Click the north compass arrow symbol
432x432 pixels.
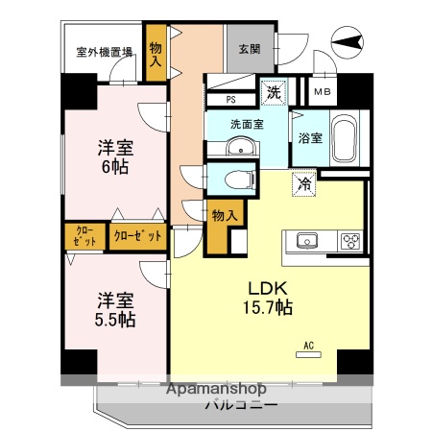(x=348, y=40)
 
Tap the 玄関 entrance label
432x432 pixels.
(x=248, y=50)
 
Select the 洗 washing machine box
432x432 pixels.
(x=275, y=93)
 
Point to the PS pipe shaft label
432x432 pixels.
(x=231, y=99)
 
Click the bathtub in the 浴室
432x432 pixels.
(x=345, y=140)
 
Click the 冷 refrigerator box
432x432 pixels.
(x=305, y=183)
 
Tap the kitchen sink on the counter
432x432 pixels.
(x=307, y=240)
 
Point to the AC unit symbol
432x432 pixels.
(x=309, y=352)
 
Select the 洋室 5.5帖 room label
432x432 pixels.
(x=113, y=308)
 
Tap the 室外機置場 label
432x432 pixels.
(x=105, y=54)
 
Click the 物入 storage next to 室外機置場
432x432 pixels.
(x=156, y=52)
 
